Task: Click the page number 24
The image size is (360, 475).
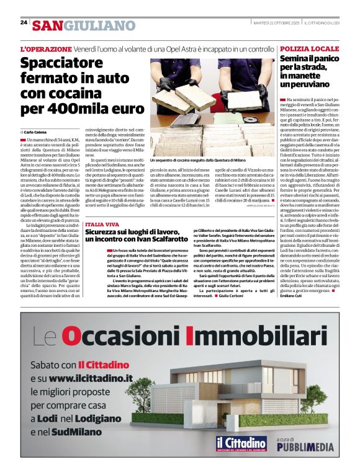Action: [24, 22]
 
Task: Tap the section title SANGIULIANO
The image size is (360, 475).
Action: [83, 25]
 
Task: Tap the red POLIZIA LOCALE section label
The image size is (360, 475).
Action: [309, 48]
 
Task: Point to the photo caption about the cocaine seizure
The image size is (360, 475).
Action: [195, 159]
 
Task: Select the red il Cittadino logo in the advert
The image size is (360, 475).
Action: [241, 443]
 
